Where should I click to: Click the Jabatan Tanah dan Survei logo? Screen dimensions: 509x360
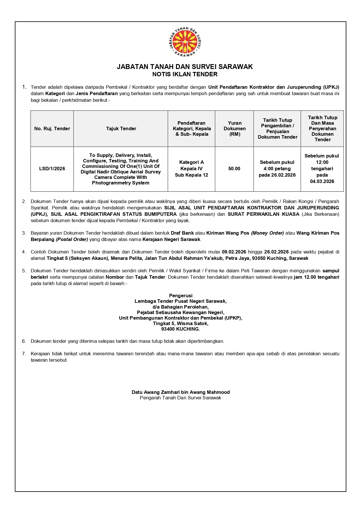(185, 42)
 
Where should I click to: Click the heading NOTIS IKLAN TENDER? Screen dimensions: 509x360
(185, 74)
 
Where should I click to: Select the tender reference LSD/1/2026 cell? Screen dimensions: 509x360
(52, 169)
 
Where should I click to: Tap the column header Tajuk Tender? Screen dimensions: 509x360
(121, 128)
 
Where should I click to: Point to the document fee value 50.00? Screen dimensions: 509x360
(234, 169)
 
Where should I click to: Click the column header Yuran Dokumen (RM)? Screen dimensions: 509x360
(234, 128)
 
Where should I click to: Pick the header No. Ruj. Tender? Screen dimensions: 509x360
(52, 128)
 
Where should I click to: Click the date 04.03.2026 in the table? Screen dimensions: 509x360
(322, 181)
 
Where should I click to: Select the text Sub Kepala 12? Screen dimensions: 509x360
(191, 175)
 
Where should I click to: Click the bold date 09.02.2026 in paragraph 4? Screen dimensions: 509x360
(234, 252)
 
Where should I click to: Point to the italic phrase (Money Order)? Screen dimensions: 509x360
(267, 233)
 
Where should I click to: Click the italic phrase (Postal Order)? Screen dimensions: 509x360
(72, 239)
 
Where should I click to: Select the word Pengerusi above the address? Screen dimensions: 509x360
(181, 296)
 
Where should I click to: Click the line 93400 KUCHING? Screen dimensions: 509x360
(181, 329)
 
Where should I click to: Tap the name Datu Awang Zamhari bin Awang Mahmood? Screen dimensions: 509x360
(180, 392)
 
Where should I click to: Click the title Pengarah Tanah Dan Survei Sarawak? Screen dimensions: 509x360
(180, 398)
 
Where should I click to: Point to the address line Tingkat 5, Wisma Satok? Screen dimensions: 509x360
(181, 323)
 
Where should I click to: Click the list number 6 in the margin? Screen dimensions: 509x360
(24, 341)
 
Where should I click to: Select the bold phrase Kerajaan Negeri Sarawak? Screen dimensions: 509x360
(171, 239)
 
